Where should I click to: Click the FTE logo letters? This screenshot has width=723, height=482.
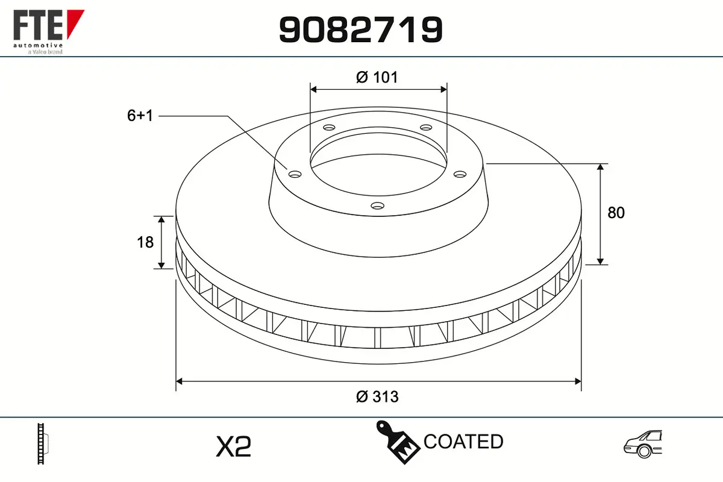(38, 25)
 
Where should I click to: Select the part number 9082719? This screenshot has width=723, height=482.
(361, 30)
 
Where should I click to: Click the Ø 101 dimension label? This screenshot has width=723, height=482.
(377, 78)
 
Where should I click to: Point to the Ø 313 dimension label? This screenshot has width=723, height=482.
(377, 396)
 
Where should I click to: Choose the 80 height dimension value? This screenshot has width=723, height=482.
(616, 213)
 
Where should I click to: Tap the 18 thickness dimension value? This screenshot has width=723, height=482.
(145, 242)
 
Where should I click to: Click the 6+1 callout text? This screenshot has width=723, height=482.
(140, 116)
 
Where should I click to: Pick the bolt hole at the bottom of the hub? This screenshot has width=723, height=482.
(378, 205)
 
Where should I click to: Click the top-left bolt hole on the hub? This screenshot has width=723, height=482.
(329, 128)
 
